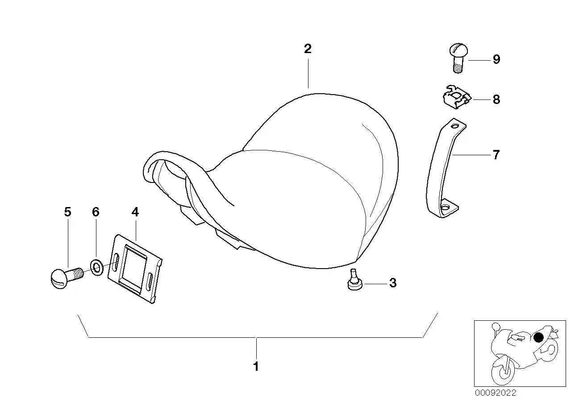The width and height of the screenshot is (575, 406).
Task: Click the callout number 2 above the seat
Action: (308, 49)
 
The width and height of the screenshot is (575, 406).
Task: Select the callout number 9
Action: (496, 60)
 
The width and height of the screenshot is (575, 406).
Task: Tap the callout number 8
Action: (496, 99)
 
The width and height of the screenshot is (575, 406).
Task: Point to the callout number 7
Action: (496, 155)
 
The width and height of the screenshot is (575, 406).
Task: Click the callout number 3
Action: (393, 283)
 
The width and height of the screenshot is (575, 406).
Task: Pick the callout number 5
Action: (67, 212)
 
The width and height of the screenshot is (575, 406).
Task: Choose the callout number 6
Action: (96, 212)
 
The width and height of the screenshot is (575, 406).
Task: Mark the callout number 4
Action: (135, 212)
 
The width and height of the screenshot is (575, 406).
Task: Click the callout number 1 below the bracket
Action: (256, 367)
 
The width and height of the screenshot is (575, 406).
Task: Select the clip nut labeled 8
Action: (454, 97)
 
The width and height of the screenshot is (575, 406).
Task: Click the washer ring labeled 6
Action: (97, 267)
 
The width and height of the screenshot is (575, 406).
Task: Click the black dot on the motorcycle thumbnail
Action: (539, 337)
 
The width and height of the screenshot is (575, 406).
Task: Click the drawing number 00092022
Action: (495, 393)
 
